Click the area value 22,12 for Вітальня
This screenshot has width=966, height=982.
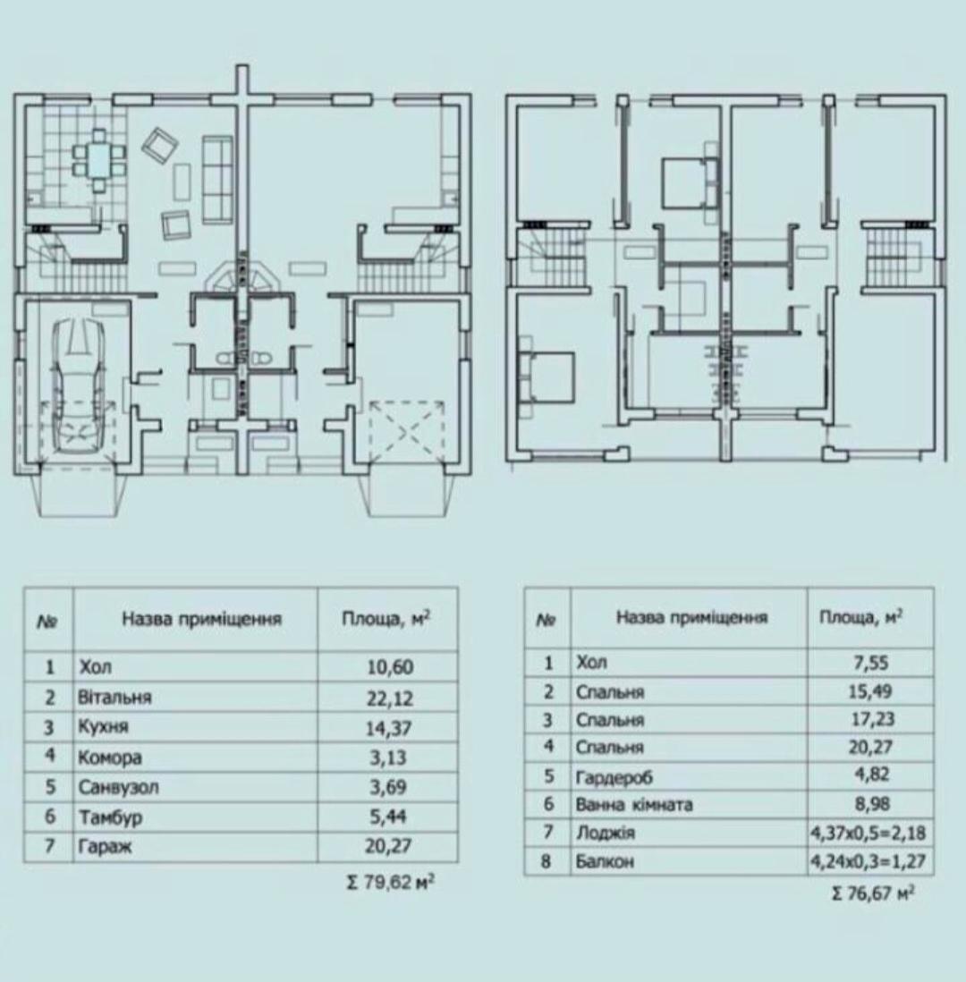tap(389, 698)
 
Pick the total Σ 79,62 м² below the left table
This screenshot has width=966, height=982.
tap(390, 883)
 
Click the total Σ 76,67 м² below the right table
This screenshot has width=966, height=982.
tap(873, 892)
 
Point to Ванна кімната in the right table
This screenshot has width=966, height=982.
tap(634, 803)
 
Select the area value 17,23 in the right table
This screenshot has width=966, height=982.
tap(871, 719)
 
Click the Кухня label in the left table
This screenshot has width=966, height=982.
tap(103, 726)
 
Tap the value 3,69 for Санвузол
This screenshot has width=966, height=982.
tap(388, 787)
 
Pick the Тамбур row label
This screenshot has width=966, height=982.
tap(110, 817)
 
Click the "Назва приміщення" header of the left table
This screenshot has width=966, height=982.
tap(202, 620)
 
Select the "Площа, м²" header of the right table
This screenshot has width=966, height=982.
tap(860, 617)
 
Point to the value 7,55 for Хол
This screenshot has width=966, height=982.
tap(871, 663)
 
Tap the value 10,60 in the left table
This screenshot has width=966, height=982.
tap(390, 667)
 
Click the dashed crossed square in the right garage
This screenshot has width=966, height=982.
tap(407, 431)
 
